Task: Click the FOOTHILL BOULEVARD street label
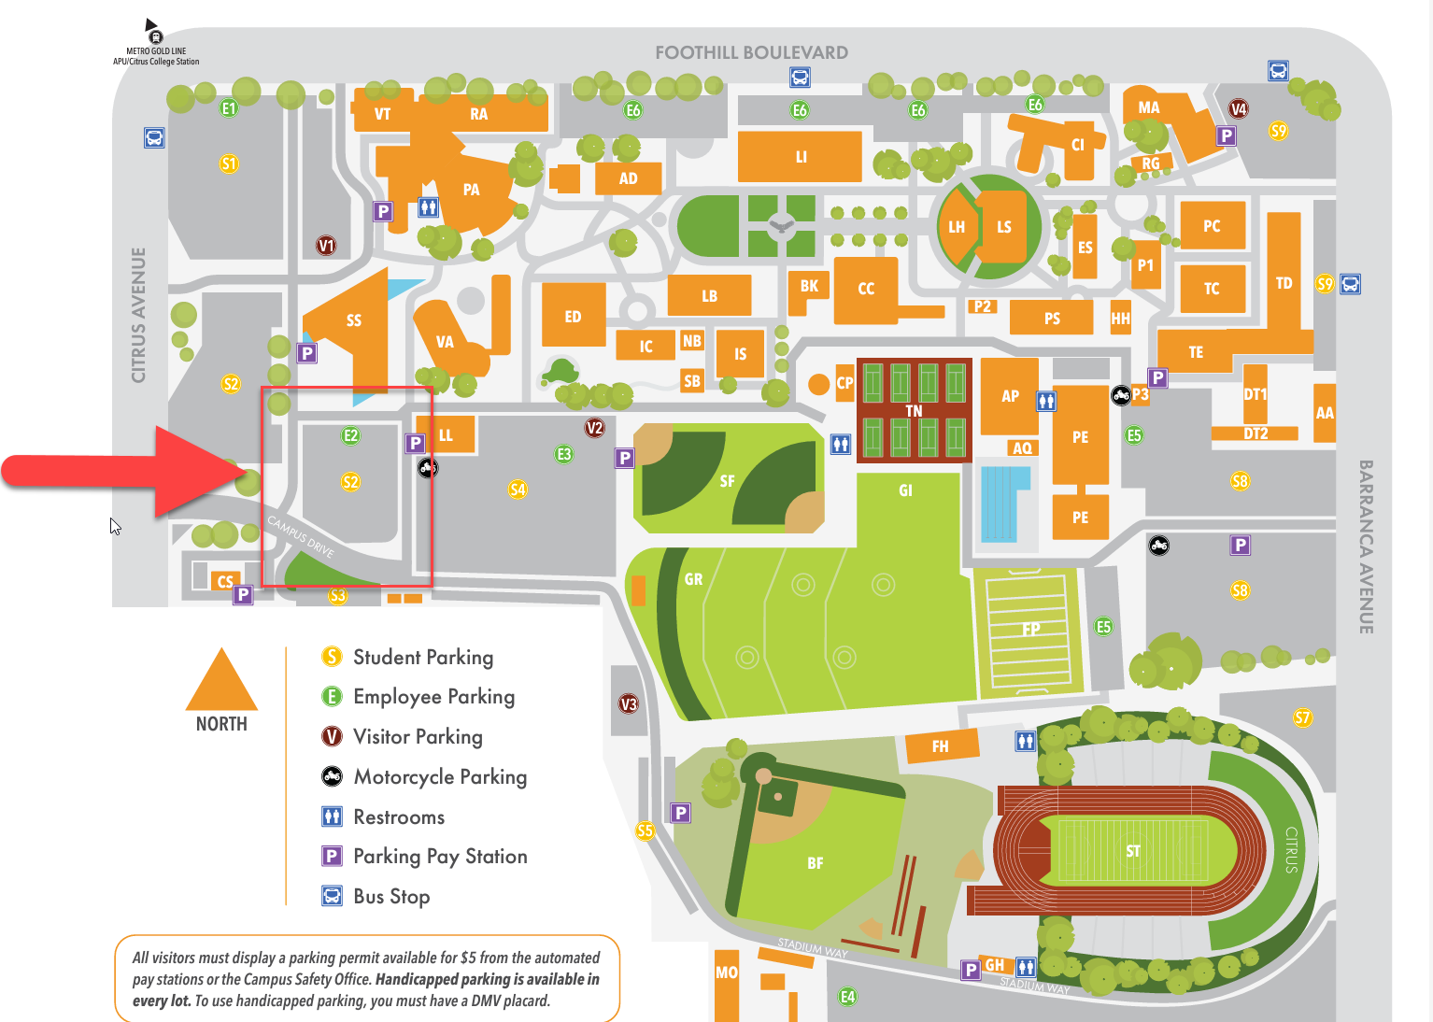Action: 751,53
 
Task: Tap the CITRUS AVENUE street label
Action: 139,315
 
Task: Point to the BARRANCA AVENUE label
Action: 1366,546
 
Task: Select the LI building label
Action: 801,157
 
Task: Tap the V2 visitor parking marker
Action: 594,428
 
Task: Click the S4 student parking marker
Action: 518,489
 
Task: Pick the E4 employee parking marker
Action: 847,996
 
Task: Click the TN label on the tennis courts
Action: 914,411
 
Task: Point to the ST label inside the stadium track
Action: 1132,851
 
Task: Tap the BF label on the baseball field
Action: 816,863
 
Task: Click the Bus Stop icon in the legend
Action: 332,896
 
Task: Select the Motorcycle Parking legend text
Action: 440,776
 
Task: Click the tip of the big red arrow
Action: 247,472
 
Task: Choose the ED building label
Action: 573,317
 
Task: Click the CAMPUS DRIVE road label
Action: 301,536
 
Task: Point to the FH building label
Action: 940,746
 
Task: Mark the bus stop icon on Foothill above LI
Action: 800,78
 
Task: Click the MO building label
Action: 726,972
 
